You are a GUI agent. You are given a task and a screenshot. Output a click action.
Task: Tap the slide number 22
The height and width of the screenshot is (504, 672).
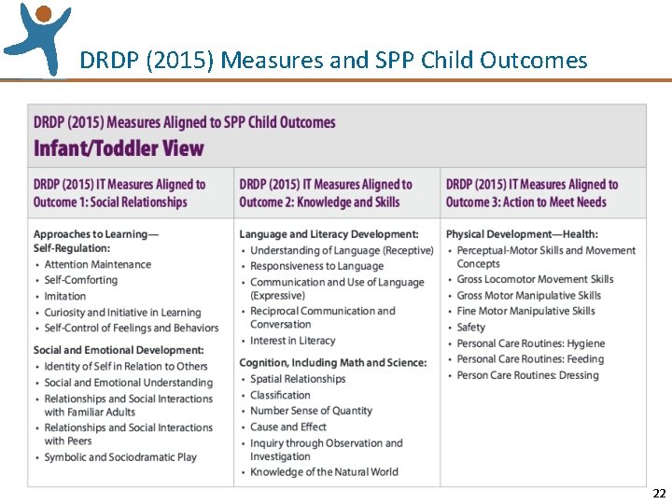click(x=659, y=494)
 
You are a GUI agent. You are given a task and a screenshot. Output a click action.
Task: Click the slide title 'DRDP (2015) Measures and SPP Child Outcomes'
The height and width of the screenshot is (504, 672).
click(x=333, y=61)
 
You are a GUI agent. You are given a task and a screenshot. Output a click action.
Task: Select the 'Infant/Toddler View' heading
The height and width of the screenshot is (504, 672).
click(x=119, y=148)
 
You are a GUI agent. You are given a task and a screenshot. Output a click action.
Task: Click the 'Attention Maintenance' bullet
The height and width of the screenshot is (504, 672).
click(x=97, y=265)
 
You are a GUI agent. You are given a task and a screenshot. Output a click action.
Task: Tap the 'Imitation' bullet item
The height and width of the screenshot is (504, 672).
click(x=65, y=297)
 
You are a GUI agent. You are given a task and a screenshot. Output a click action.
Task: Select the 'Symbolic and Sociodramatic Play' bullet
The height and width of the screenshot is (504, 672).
click(x=120, y=457)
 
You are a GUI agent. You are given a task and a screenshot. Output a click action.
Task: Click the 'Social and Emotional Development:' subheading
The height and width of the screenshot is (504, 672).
click(x=119, y=350)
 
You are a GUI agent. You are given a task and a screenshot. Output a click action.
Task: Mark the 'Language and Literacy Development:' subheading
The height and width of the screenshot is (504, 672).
click(x=329, y=234)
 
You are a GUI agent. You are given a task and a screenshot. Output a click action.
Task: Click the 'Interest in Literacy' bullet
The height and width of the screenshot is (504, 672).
click(x=293, y=341)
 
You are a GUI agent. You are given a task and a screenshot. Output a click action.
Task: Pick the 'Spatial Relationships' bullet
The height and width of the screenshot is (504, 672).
click(x=298, y=379)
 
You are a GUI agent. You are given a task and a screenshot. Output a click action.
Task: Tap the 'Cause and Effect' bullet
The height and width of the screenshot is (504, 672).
click(x=288, y=427)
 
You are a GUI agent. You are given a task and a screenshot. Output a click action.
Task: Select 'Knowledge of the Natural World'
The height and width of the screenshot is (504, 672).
click(x=324, y=472)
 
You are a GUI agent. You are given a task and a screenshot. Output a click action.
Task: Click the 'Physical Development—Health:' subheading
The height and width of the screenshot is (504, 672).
click(x=522, y=234)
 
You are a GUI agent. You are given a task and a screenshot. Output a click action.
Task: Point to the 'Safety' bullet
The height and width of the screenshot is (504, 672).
click(x=471, y=328)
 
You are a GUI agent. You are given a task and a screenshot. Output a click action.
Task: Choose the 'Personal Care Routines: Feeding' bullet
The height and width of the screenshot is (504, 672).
click(x=530, y=359)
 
